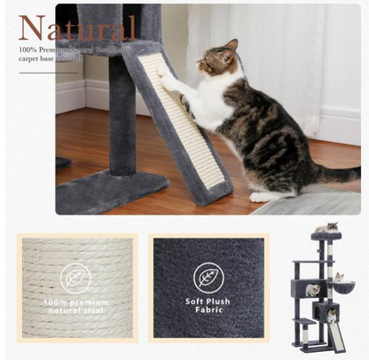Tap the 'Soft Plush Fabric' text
click(208, 306)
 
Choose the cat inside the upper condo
click(312, 290)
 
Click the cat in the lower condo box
click(330, 316)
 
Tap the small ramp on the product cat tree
click(337, 336)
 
